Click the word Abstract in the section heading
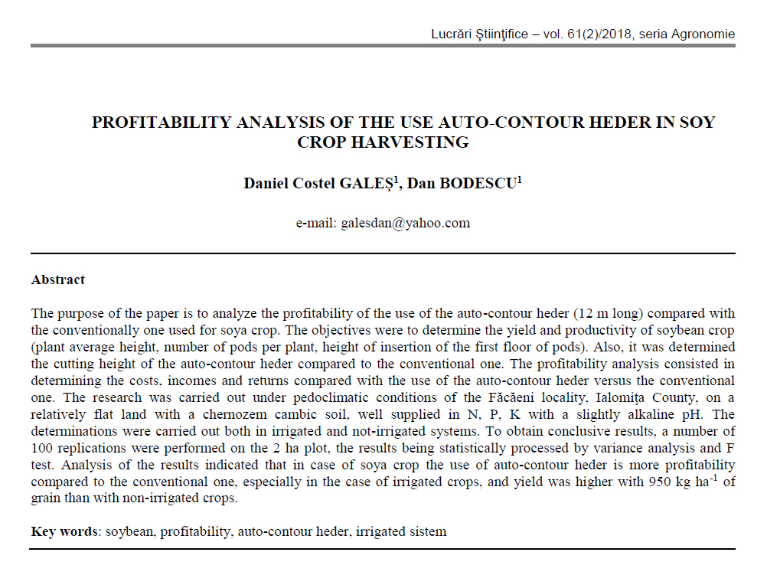[x=58, y=279]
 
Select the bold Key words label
[x=64, y=531]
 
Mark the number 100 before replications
[x=43, y=447]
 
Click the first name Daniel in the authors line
[x=265, y=184]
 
